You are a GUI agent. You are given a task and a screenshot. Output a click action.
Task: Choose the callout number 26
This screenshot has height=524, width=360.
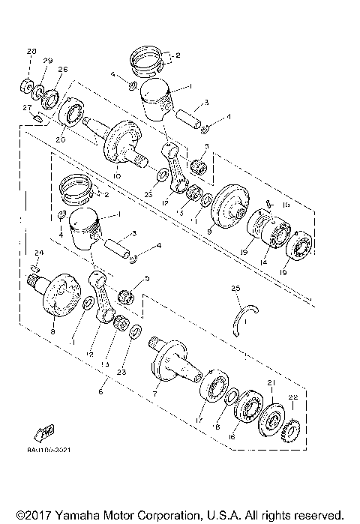(63, 70)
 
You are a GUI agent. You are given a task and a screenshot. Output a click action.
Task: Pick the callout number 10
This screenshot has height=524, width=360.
(117, 176)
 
